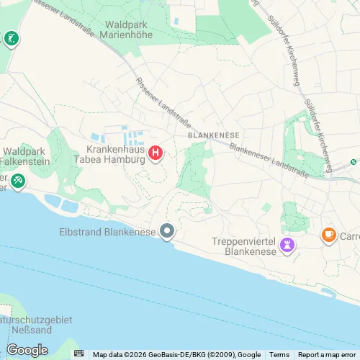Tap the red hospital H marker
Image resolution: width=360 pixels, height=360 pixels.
pyautogui.click(x=155, y=153)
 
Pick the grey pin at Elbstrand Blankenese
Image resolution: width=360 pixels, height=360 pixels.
pyautogui.click(x=168, y=232)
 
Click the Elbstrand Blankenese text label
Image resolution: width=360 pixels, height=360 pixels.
pyautogui.click(x=108, y=232)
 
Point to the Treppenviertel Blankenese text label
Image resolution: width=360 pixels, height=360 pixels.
pyautogui.click(x=248, y=247)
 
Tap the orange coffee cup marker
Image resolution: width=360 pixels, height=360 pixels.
pyautogui.click(x=329, y=235)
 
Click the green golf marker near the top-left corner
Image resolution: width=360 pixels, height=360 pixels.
pyautogui.click(x=11, y=37)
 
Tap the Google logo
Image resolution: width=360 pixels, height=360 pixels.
pyautogui.click(x=27, y=351)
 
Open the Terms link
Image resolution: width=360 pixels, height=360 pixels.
pyautogui.click(x=279, y=354)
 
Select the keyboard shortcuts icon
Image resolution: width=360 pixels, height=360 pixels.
pyautogui.click(x=78, y=354)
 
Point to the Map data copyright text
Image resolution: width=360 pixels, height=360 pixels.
pyautogui.click(x=176, y=354)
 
